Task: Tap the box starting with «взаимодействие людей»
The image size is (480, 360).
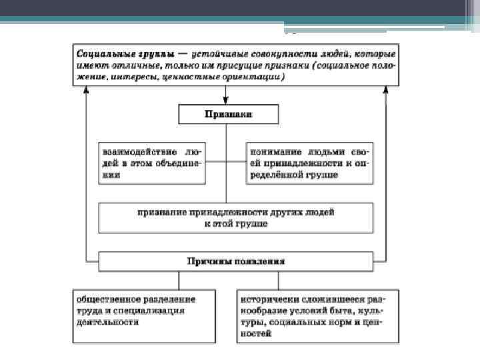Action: [152, 162]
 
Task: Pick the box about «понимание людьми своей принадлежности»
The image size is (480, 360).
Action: [309, 162]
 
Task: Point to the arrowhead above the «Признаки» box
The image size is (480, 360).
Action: [226, 101]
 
